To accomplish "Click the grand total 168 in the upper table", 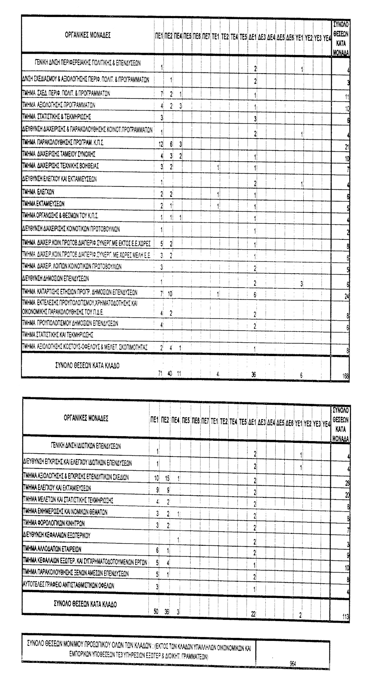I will [346, 376].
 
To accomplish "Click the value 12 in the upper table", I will [162, 143].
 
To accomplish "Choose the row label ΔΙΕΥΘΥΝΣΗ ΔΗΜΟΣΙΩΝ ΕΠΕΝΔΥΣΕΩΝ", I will [55, 279].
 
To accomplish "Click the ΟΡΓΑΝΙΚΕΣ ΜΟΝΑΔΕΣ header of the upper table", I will [88, 36].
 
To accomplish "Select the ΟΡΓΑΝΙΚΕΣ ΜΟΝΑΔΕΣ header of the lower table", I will [86, 418].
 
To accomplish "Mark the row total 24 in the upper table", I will [347, 296].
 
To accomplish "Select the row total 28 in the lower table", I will [347, 483].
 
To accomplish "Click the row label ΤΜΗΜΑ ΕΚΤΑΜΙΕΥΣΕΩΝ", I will [43, 204].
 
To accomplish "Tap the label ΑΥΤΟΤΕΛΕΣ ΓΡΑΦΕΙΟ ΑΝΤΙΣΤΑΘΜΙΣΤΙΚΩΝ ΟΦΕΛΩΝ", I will [68, 586].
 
